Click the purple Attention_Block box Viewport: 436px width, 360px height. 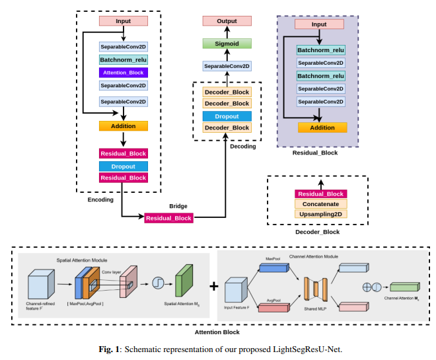pos(123,73)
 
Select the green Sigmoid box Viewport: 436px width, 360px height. pos(227,44)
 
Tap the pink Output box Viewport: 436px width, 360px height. pos(227,22)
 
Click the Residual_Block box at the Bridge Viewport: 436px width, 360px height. pos(168,218)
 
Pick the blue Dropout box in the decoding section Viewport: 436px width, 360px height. pos(227,116)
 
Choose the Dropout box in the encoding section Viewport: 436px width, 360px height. pos(123,166)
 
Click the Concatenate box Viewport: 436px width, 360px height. pos(320,204)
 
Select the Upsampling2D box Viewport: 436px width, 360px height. pos(320,215)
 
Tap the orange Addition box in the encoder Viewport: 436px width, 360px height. pos(123,126)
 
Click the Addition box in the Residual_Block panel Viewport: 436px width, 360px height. pos(322,127)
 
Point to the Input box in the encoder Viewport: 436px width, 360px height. pos(123,21)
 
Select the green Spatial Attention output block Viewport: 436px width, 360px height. pos(183,282)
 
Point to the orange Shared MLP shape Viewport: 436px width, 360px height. pos(316,287)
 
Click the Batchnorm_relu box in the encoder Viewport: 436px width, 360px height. pos(123,60)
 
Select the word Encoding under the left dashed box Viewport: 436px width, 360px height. pos(100,199)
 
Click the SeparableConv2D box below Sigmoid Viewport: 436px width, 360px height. pos(227,67)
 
